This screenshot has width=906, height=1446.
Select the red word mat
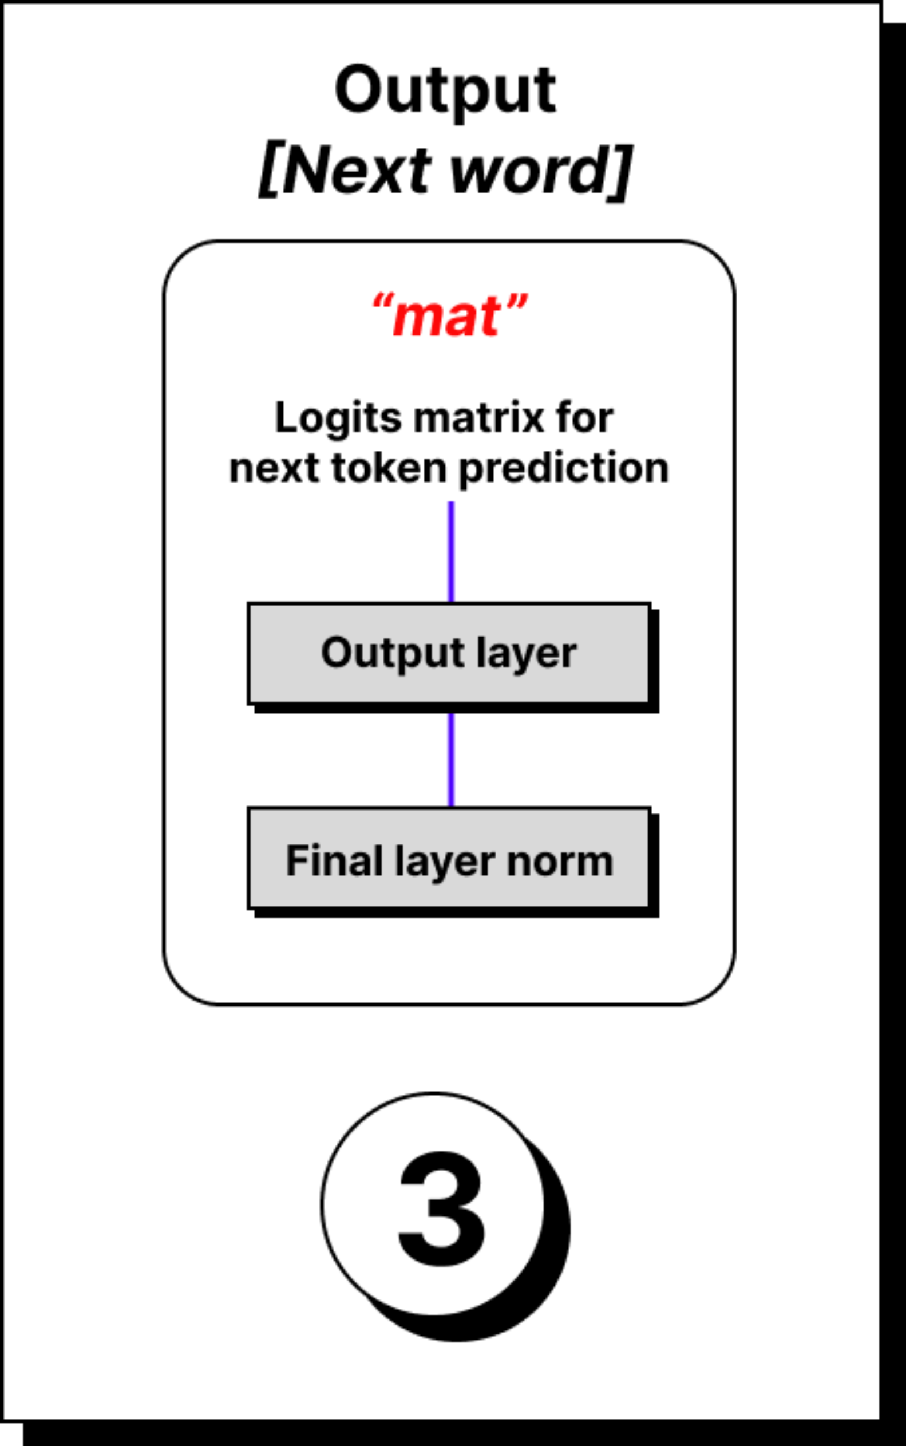[448, 316]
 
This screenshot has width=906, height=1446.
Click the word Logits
[338, 418]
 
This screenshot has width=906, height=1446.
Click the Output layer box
[449, 653]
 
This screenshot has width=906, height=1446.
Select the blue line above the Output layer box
[451, 551]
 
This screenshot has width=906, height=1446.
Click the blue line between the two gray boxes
[451, 760]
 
